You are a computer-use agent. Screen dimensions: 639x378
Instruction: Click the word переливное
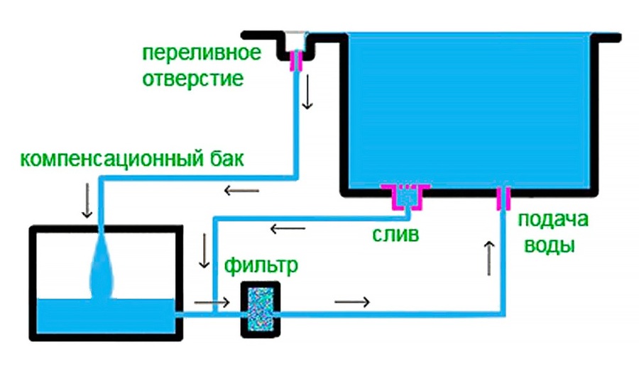[202, 53]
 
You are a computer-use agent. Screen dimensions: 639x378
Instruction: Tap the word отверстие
[192, 79]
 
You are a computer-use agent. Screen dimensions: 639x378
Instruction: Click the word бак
[227, 158]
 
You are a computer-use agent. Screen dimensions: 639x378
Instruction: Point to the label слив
[395, 234]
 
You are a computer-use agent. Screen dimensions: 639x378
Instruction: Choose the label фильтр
[261, 266]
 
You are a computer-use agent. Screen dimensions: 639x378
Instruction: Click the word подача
[553, 220]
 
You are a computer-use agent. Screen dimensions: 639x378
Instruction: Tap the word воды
[550, 246]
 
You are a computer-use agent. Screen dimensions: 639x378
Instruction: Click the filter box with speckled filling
[261, 309]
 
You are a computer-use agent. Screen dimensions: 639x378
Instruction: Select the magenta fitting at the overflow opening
[297, 61]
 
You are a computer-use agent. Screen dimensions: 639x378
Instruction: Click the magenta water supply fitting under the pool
[503, 198]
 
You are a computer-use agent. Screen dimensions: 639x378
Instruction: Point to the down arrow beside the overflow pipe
[307, 92]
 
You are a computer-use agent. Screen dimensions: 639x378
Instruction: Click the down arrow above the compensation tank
[87, 201]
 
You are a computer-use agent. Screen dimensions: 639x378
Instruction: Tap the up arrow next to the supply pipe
[489, 258]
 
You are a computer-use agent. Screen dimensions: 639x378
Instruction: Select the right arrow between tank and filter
[212, 302]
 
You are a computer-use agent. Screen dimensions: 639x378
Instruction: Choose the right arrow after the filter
[352, 302]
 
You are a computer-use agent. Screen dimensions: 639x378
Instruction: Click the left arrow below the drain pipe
[288, 228]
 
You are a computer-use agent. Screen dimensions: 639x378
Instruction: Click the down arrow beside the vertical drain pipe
[204, 250]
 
